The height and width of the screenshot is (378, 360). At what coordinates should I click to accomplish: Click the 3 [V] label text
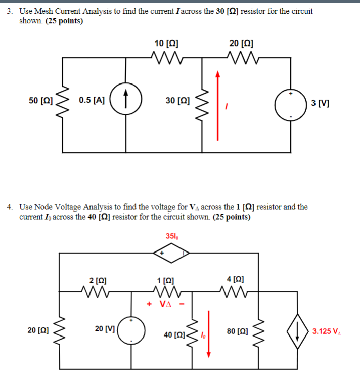point(321,103)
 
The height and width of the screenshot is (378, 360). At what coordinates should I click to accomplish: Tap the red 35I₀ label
point(172,236)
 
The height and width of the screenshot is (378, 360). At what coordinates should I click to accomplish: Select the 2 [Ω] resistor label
point(98,280)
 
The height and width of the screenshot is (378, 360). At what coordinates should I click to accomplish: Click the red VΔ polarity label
point(167,304)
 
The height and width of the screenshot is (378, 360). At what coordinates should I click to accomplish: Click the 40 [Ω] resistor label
point(174,334)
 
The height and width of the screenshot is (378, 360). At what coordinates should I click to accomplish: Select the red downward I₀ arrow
point(208,334)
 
